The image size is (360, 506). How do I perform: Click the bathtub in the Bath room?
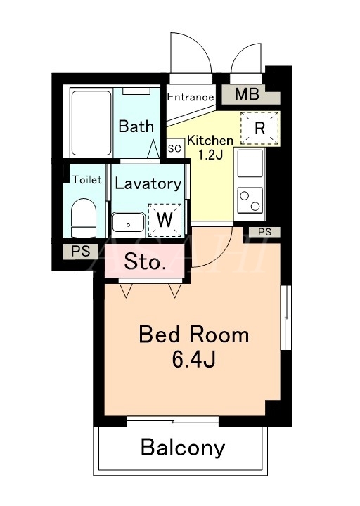click(91, 123)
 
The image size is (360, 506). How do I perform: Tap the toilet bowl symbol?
click(84, 217)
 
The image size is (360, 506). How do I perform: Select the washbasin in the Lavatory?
click(128, 222)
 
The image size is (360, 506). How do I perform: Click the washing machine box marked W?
click(165, 220)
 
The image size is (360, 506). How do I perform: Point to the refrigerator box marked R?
click(259, 128)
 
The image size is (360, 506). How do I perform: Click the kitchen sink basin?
click(250, 163)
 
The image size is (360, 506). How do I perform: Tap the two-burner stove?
click(250, 200)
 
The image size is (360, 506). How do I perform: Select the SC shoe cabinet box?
click(174, 149)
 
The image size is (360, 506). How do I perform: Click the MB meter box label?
click(247, 94)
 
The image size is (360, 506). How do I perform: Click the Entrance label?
click(191, 97)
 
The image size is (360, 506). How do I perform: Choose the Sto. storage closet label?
click(145, 261)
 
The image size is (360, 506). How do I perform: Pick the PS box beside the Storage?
click(80, 251)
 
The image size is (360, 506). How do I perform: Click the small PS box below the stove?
click(265, 232)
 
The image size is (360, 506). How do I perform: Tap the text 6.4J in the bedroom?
click(194, 360)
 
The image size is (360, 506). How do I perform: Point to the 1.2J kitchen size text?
click(210, 155)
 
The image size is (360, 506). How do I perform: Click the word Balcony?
click(183, 448)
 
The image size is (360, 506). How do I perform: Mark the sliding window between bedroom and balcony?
click(173, 421)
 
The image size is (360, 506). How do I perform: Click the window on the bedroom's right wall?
click(285, 318)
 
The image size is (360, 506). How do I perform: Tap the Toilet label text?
click(87, 180)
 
